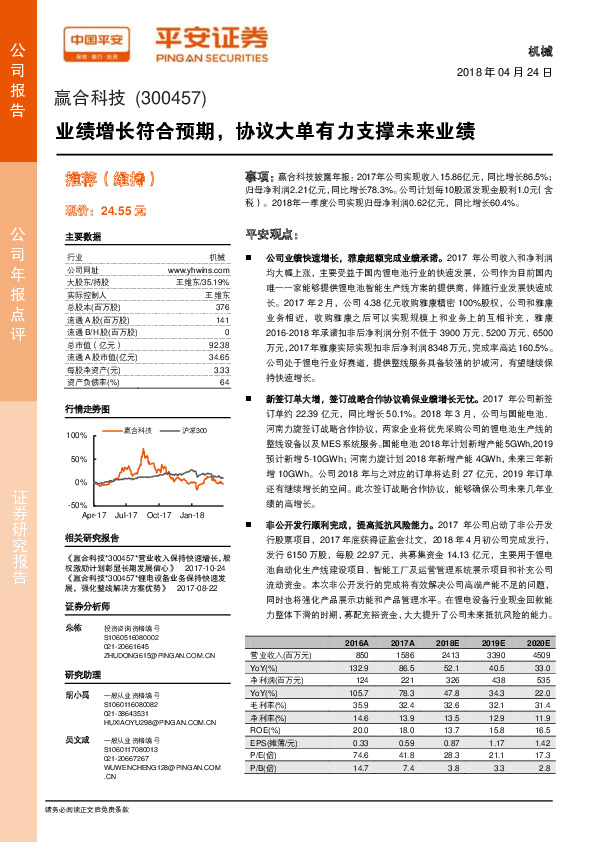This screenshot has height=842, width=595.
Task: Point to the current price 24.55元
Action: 105,210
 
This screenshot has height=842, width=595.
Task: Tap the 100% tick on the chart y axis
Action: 77,435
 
